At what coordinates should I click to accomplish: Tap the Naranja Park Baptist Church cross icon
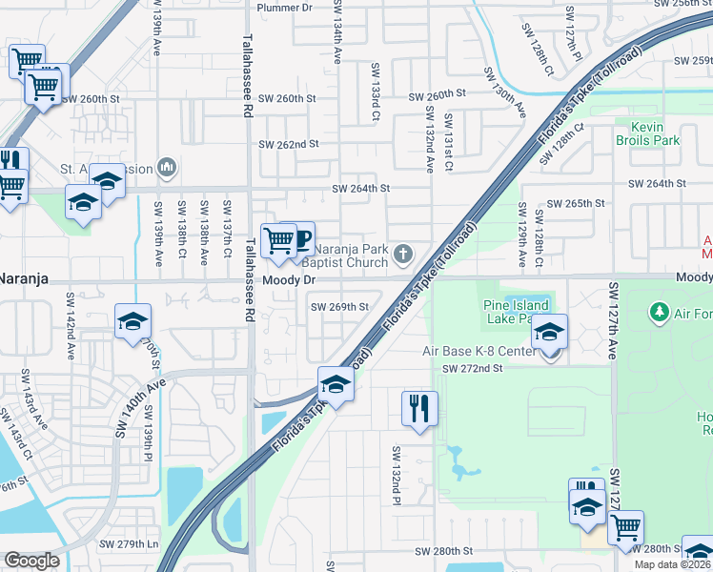tap(404, 254)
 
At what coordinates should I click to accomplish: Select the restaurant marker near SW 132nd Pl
tap(419, 408)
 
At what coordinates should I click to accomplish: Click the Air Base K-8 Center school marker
tap(549, 332)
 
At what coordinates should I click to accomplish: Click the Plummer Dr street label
tap(285, 8)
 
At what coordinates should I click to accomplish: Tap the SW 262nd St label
tap(289, 144)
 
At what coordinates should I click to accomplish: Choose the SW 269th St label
tap(339, 307)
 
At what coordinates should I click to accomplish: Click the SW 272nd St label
tap(472, 368)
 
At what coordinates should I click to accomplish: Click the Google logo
tap(31, 562)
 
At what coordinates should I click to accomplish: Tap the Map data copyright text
tap(673, 564)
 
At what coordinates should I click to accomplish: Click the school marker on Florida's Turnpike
tap(336, 384)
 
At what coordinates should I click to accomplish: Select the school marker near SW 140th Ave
tap(132, 321)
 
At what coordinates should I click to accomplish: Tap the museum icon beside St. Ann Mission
tap(168, 169)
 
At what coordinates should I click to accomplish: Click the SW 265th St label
tap(578, 204)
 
